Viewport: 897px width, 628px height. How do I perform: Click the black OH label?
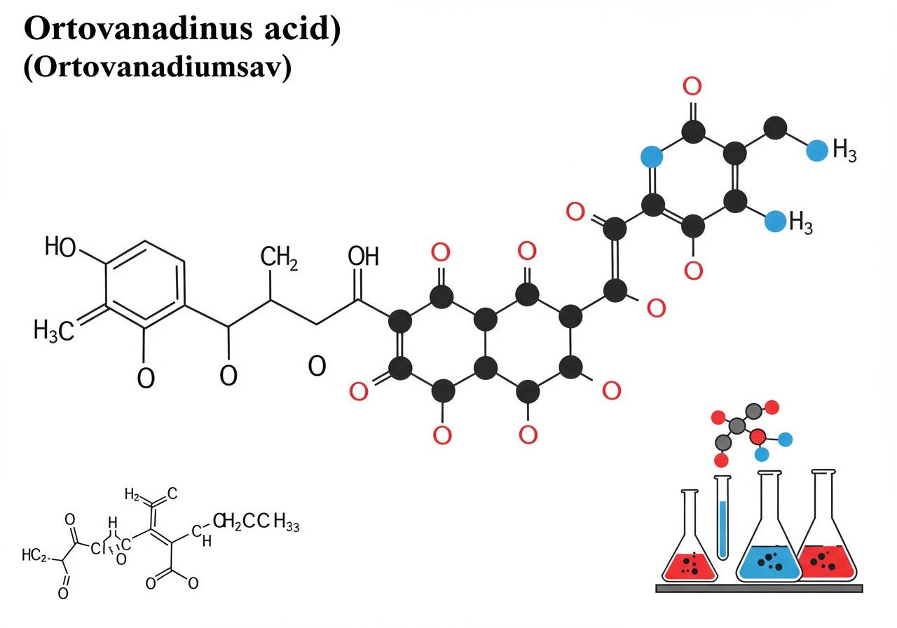(x=363, y=257)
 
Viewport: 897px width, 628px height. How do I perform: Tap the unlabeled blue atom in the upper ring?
(x=652, y=156)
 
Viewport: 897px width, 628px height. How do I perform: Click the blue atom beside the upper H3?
(x=816, y=151)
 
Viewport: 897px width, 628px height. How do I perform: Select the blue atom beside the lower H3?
(x=774, y=221)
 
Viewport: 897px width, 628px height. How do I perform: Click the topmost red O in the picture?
(x=692, y=88)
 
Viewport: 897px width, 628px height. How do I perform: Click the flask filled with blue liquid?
(x=769, y=540)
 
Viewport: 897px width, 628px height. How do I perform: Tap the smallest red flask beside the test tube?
(x=690, y=547)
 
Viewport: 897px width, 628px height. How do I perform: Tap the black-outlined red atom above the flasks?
(x=758, y=437)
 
